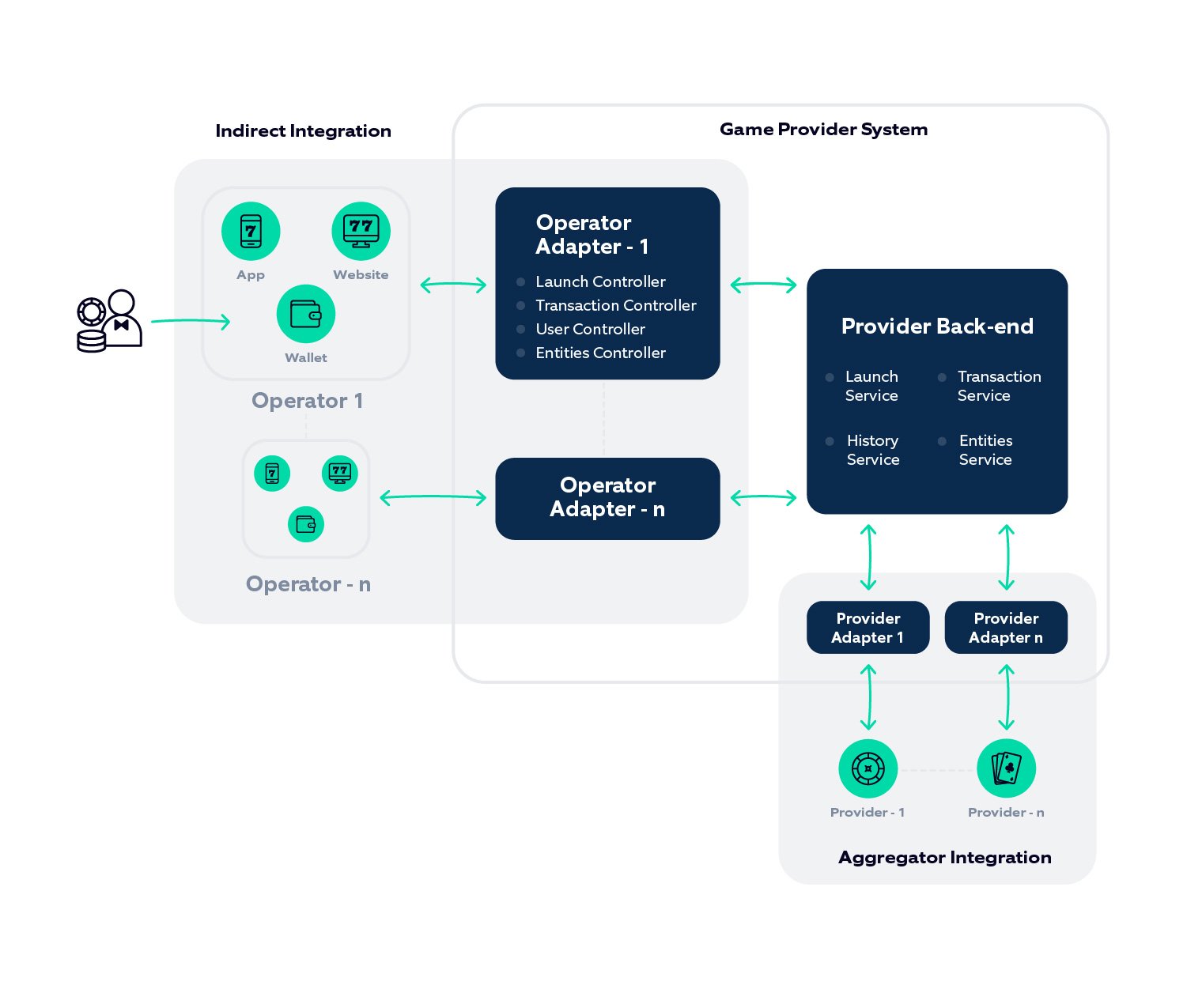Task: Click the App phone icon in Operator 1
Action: click(251, 231)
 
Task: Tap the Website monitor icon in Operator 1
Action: click(361, 231)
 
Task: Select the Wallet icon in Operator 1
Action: click(306, 314)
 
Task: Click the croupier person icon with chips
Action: click(110, 320)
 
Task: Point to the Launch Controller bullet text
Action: click(600, 281)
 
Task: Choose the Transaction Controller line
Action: click(615, 305)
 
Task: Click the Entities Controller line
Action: click(600, 353)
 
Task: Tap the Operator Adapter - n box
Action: click(607, 498)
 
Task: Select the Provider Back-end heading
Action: click(937, 326)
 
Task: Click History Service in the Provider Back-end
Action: click(872, 450)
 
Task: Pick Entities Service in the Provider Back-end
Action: click(985, 450)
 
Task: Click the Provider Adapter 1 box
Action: click(868, 628)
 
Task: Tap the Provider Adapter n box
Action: click(1006, 628)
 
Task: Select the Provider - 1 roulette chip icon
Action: click(868, 768)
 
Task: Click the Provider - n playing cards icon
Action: click(1006, 768)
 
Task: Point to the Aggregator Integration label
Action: click(944, 857)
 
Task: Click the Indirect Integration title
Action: click(303, 130)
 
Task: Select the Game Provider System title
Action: click(823, 129)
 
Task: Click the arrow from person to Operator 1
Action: click(191, 321)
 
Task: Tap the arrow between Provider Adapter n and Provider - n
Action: click(1006, 696)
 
